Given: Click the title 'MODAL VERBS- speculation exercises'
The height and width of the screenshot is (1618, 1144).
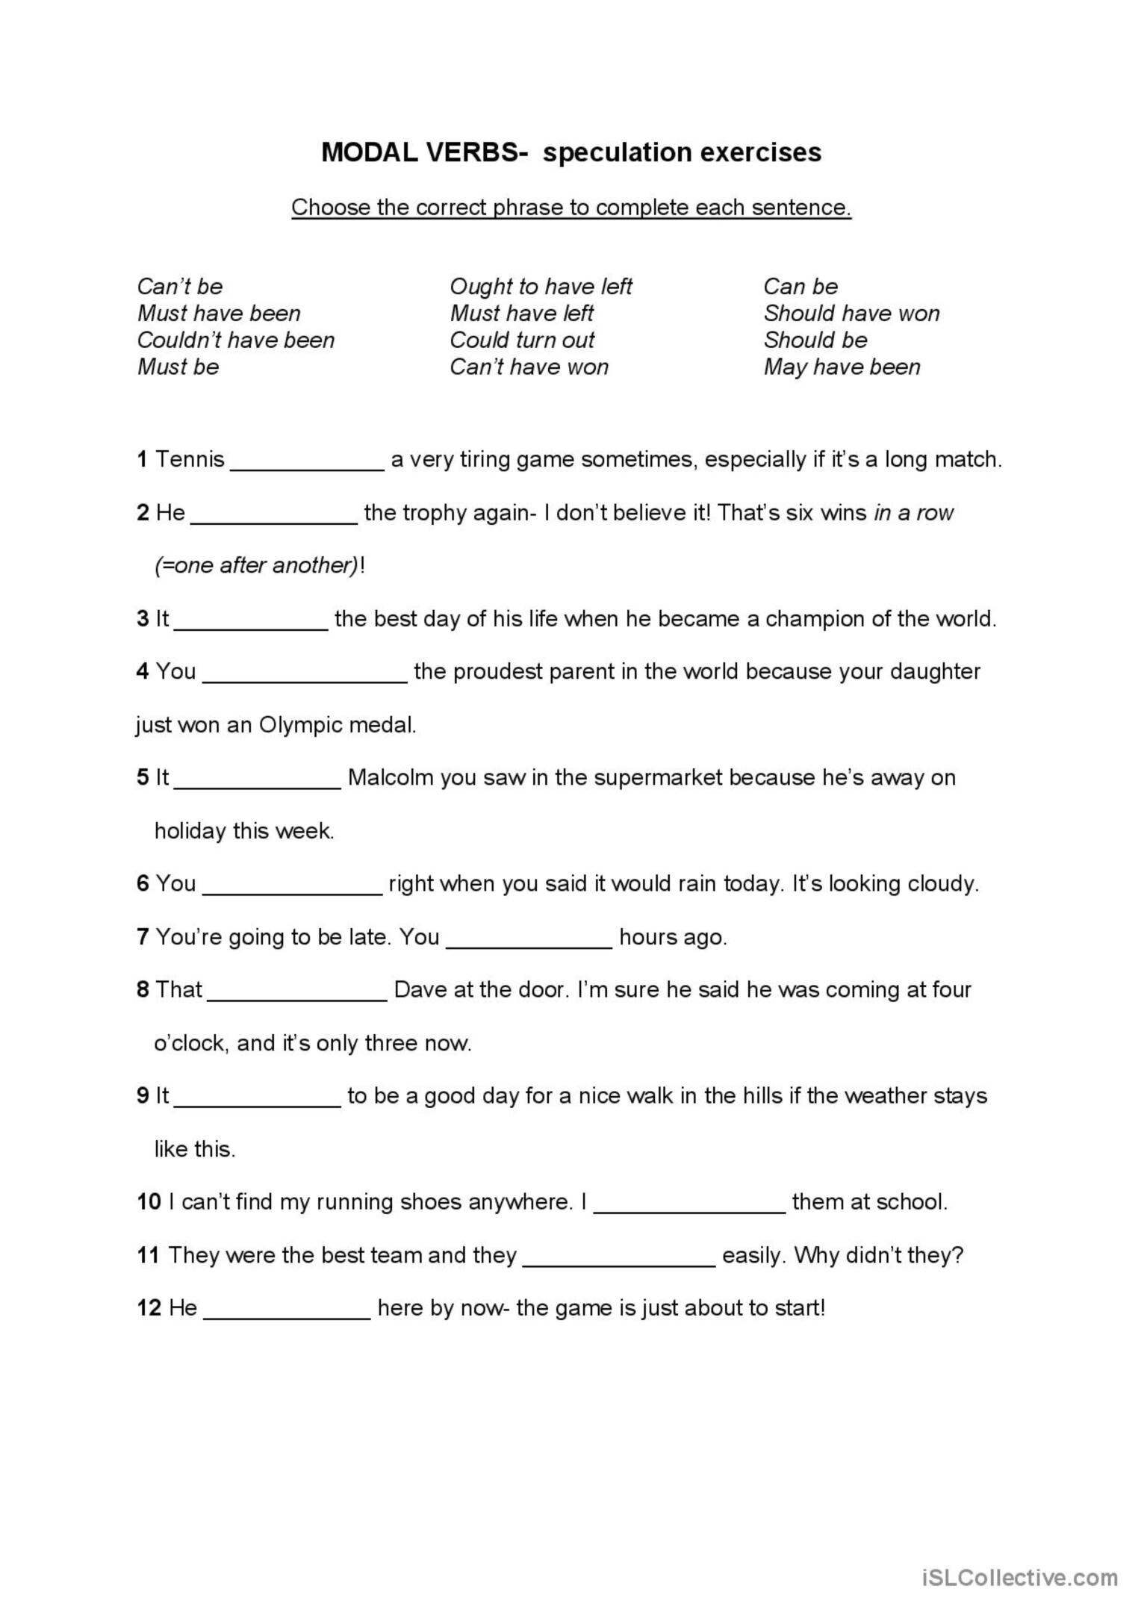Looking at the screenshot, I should (571, 152).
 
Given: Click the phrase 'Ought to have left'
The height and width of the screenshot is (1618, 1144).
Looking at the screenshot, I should (541, 287).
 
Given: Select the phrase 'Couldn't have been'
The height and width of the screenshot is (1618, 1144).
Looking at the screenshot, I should (236, 340).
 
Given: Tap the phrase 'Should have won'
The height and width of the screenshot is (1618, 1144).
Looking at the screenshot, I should (851, 314).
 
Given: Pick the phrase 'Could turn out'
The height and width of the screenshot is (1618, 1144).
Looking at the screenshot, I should (522, 340).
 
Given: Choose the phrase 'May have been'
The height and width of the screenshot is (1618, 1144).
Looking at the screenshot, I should (842, 367).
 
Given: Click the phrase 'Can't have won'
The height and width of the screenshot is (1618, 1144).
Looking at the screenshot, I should (529, 367).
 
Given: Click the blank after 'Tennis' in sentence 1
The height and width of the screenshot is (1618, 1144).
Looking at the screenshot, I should (308, 463).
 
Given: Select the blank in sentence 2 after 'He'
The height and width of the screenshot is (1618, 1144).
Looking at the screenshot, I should (274, 517).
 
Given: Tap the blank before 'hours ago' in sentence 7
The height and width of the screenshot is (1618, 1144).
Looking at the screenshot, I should (529, 941).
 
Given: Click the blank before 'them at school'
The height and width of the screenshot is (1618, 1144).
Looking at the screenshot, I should (689, 1206).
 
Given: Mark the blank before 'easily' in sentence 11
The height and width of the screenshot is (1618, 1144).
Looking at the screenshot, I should (619, 1259).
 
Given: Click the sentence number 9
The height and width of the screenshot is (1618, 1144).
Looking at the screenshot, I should (143, 1096).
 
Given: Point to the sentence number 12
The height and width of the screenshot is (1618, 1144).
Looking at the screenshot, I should (149, 1308).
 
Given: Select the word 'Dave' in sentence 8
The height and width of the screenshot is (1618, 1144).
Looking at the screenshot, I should (420, 990).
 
